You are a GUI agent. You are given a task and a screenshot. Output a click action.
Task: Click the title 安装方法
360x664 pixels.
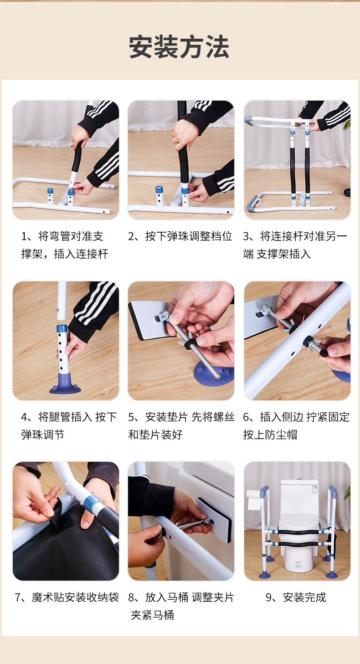click(x=179, y=47)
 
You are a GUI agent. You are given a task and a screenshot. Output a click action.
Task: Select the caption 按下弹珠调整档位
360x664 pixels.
click(x=189, y=236)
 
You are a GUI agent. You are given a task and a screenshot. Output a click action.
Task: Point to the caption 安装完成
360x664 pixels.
click(x=304, y=598)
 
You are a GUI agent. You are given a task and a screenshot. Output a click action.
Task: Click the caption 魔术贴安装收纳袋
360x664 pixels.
click(x=75, y=598)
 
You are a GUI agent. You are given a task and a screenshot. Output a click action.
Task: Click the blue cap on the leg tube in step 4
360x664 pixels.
click(x=62, y=328)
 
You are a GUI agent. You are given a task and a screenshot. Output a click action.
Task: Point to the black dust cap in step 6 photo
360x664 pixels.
click(x=323, y=352)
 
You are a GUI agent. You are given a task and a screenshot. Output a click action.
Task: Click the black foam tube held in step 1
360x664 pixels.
click(x=77, y=156)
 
